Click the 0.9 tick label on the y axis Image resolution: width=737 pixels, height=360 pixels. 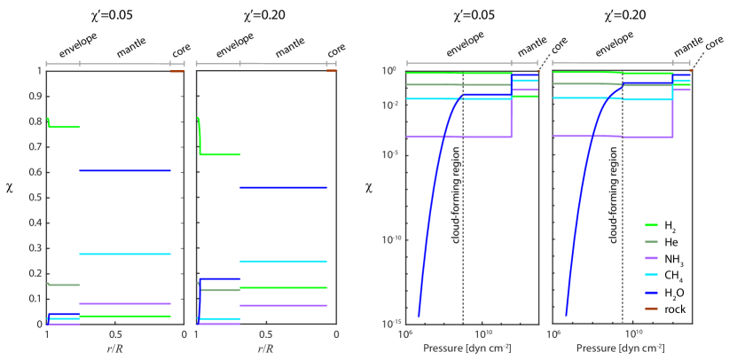coord(37,95)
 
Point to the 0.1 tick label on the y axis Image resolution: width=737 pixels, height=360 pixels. coord(37,299)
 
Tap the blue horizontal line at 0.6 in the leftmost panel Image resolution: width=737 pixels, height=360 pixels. coord(124,170)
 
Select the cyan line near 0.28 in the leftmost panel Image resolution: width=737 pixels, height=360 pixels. coord(124,254)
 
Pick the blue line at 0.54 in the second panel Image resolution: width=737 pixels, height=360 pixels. coord(283,187)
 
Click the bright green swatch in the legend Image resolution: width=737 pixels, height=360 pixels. coord(651,225)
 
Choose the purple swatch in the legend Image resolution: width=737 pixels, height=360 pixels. coord(651,258)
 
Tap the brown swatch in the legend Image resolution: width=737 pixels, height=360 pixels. coord(651,308)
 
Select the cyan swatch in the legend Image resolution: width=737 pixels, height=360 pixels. coord(651,275)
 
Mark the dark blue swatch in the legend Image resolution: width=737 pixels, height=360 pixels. coord(651,292)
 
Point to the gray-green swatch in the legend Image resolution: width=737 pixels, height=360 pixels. coord(651,241)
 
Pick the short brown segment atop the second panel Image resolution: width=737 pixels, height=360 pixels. coord(332,71)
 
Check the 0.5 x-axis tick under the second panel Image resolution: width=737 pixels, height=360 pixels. coord(265,334)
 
